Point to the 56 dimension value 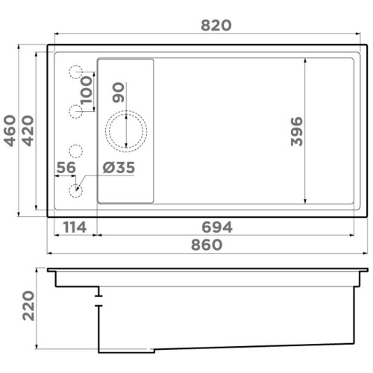[66, 169]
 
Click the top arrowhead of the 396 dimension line [306, 60]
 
